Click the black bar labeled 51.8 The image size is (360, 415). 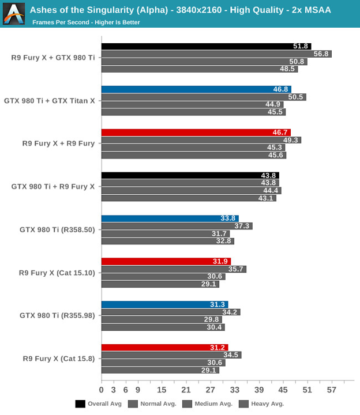[x=206, y=47]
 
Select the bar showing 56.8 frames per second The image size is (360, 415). [x=216, y=54]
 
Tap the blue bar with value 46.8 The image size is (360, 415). [x=196, y=89]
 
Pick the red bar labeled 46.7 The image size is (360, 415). [x=196, y=133]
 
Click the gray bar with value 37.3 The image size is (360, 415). [x=177, y=226]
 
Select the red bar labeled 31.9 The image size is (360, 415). [x=166, y=262]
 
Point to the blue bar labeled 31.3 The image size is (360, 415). [x=164, y=304]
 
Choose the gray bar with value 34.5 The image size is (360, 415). [x=171, y=355]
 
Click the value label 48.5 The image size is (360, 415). [x=287, y=69]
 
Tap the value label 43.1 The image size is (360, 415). [x=266, y=198]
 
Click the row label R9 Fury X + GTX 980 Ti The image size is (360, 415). [x=53, y=58]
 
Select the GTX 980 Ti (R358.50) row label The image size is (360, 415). [x=57, y=229]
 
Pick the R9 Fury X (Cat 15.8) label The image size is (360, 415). [x=59, y=359]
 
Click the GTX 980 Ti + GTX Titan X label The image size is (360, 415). [x=50, y=100]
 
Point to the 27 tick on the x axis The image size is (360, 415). [x=210, y=390]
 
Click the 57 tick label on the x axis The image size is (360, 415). [x=331, y=390]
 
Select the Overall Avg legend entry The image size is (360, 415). [x=99, y=404]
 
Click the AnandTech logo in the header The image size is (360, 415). [x=13, y=13]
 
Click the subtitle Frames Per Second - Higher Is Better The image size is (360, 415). [x=86, y=22]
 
